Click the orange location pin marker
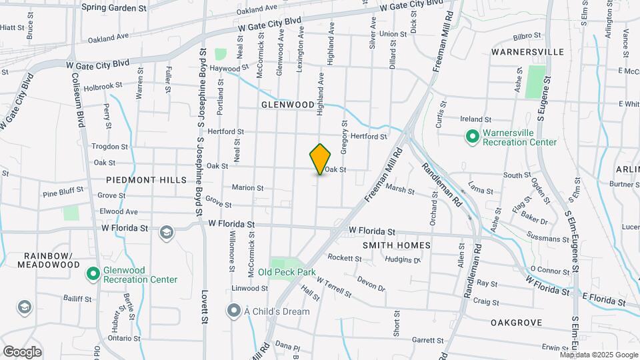coord(321,159)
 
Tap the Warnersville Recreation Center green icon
coord(473,137)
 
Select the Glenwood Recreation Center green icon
coord(94,274)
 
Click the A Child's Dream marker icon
coord(233,311)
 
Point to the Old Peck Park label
coord(287,272)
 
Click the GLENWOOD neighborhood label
coord(287,105)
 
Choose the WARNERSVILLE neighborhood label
coord(527,51)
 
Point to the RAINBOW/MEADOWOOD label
coord(52,260)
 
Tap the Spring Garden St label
coord(113,8)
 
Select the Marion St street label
coord(247,188)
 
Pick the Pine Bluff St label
coord(63,191)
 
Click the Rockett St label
coord(344,258)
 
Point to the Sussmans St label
coord(545,238)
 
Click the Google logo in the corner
coord(22,351)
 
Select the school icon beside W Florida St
coord(167,233)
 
